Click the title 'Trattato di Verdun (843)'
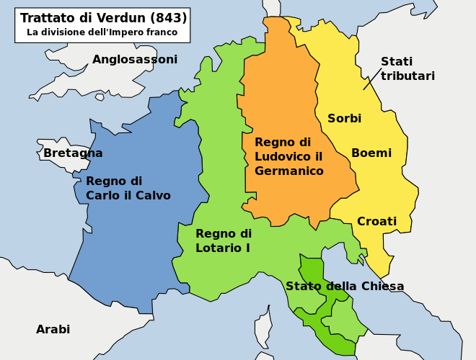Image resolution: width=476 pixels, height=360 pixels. (103, 18)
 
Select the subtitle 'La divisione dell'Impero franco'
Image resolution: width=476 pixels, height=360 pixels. (102, 32)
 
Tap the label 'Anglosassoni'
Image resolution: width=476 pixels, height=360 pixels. (135, 59)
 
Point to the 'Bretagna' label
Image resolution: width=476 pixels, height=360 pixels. (73, 153)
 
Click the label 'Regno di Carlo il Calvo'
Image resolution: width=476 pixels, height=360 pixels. (128, 188)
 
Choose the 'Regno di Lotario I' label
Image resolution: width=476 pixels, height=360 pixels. (224, 240)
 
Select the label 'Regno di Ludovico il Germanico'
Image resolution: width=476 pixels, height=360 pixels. (288, 157)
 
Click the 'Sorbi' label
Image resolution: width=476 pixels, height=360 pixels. (345, 118)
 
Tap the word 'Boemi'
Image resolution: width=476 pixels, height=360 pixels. (371, 153)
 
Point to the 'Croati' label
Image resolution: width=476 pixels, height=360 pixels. (376, 221)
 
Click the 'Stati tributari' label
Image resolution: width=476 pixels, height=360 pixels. (407, 68)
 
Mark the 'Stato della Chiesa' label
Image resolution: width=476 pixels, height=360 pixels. (345, 287)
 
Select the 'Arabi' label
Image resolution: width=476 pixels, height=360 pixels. (53, 330)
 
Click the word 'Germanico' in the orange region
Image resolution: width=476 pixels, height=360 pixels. (288, 171)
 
